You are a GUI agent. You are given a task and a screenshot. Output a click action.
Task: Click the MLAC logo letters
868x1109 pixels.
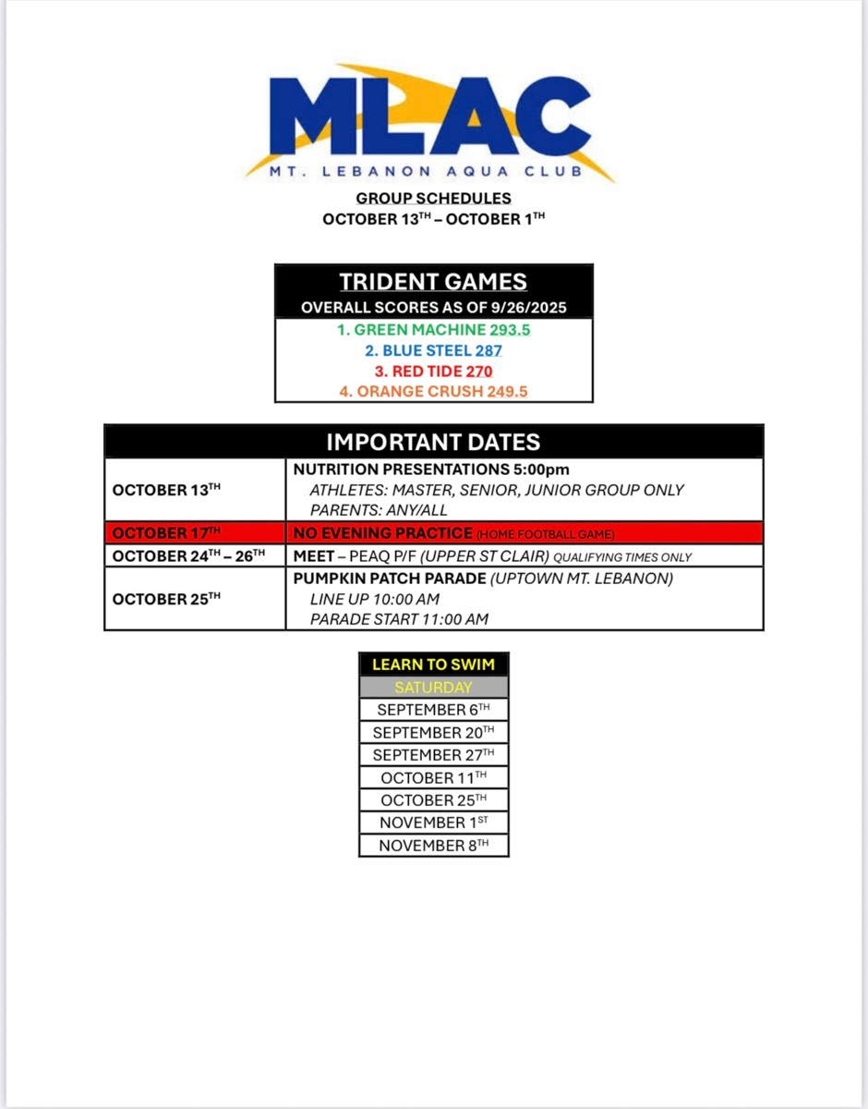pos(429,116)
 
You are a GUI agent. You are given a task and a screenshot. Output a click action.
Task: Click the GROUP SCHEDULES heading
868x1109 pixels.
pos(433,198)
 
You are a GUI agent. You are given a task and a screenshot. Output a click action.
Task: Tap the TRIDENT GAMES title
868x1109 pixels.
pos(433,282)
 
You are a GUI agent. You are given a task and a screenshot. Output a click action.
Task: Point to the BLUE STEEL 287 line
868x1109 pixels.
pos(433,350)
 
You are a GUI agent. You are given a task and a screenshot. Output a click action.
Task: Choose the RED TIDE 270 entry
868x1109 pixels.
pos(433,371)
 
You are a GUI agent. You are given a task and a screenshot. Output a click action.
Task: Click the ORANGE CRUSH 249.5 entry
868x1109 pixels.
pos(433,391)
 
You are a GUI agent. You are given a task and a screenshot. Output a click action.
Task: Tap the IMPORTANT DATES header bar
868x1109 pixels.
pos(433,442)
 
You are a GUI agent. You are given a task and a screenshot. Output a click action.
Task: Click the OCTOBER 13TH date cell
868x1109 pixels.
pos(195,490)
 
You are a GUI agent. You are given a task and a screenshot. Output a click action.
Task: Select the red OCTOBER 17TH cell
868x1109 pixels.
pos(195,533)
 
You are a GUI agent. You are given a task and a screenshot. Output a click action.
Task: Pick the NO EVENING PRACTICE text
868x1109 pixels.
pos(382,533)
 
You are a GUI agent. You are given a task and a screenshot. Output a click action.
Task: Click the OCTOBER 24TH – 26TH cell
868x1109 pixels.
pos(195,555)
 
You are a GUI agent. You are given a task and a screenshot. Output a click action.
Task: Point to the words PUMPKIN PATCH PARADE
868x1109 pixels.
pos(389,579)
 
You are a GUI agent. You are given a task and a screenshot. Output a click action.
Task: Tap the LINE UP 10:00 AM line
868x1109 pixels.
pos(374,599)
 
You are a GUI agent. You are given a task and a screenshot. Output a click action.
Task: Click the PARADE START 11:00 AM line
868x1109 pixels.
pos(399,618)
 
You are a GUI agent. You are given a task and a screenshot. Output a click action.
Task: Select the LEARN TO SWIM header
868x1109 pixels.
pos(433,664)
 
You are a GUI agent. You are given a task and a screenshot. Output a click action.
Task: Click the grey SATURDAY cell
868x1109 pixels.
pos(433,687)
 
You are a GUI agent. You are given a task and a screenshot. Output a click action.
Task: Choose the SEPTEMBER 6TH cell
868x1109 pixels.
pos(433,710)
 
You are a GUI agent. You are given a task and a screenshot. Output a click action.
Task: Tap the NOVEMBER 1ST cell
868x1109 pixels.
pos(433,822)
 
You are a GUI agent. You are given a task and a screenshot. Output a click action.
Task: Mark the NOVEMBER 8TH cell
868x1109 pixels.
pos(433,845)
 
